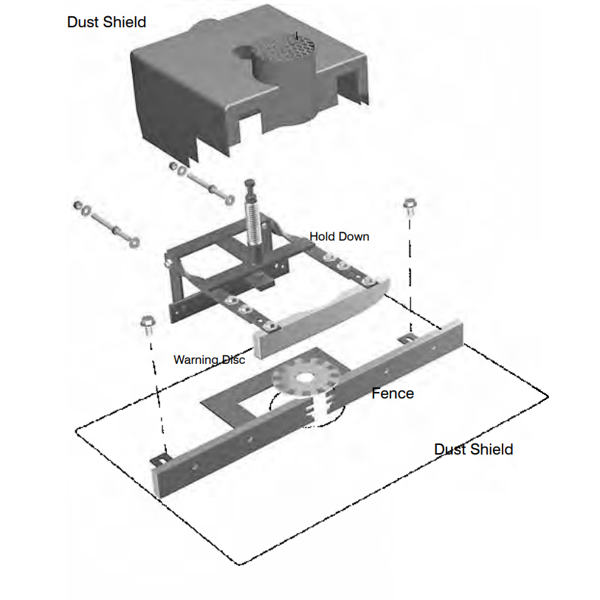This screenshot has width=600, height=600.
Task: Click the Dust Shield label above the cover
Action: tap(106, 22)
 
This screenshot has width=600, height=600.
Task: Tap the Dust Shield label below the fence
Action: tap(473, 449)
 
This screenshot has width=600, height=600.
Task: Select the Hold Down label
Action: tap(339, 236)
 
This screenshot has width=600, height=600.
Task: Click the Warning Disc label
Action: tap(209, 359)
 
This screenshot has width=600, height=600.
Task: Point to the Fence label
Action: tap(393, 393)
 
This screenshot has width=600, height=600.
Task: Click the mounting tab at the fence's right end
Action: tap(404, 338)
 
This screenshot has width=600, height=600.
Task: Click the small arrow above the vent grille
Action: tap(296, 35)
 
